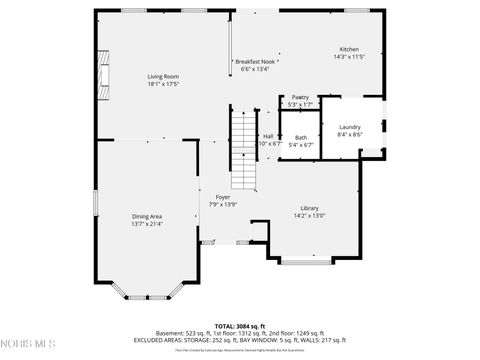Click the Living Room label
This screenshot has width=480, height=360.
click(163, 77)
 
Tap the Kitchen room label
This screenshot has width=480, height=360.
click(349, 49)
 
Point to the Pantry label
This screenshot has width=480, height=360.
click(300, 98)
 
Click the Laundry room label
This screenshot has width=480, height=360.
click(349, 127)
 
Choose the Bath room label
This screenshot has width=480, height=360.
click(300, 138)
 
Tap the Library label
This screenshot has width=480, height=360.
click(309, 208)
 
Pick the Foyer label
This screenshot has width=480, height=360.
click(222, 197)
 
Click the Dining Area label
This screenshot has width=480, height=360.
click(147, 216)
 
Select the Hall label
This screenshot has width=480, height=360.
click(268, 137)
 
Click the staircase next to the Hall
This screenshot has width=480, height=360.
click(245, 150)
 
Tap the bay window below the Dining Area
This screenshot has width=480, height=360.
click(147, 292)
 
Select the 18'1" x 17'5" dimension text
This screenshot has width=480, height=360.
click(163, 84)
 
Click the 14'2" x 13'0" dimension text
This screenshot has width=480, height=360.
click(309, 215)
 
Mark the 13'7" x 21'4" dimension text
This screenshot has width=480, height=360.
click(147, 223)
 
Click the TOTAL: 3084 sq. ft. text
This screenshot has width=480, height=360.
click(240, 326)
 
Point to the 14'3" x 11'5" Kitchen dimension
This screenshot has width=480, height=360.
click(349, 56)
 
